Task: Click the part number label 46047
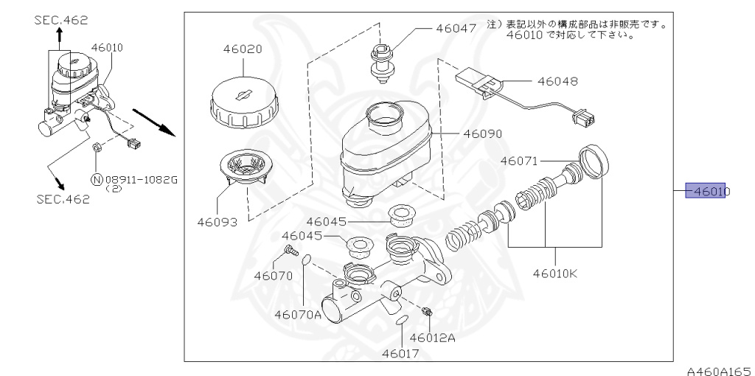456,29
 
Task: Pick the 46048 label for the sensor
557,81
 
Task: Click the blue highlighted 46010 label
707,191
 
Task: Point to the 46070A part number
298,314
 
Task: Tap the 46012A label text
433,338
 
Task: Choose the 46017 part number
400,353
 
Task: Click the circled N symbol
96,178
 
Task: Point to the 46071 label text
521,160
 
